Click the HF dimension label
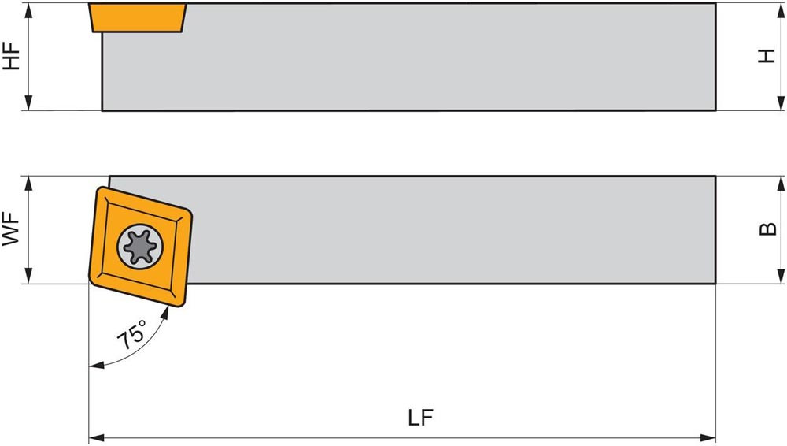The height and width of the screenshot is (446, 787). pyautogui.click(x=12, y=56)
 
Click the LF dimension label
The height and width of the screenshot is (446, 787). pyautogui.click(x=421, y=418)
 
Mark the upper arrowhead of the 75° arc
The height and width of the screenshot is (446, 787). pyautogui.click(x=168, y=313)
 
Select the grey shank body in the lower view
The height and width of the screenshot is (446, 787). pyautogui.click(x=449, y=229)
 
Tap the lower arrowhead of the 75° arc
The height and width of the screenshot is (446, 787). pyautogui.click(x=94, y=364)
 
